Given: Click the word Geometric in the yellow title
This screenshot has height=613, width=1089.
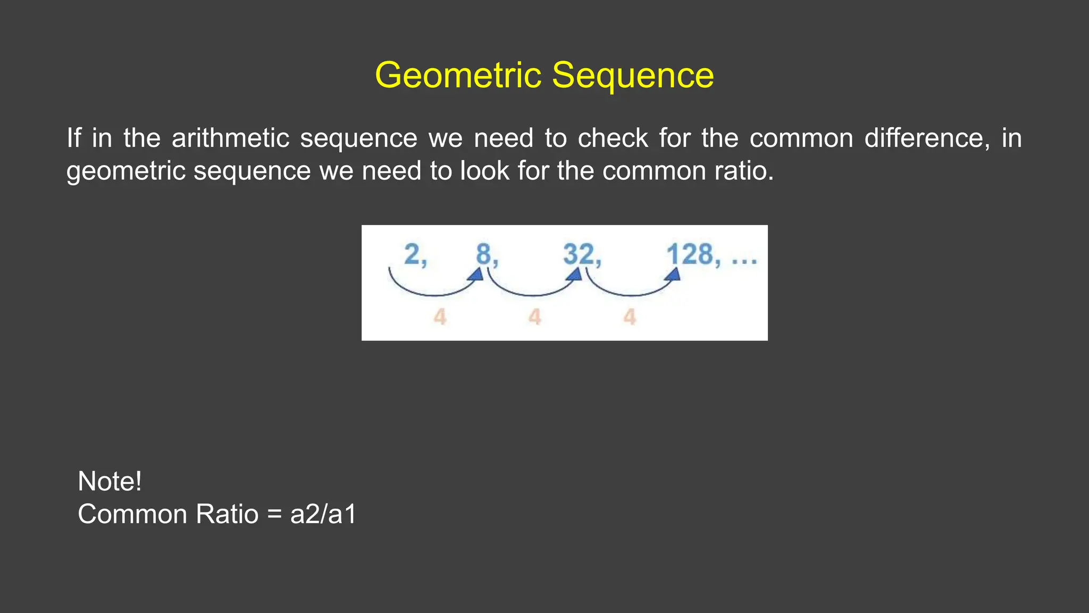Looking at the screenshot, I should coord(458,76).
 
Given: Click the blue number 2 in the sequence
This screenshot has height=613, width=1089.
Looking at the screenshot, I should coord(412,254).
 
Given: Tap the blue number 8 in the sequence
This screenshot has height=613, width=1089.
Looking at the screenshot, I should coord(483,254).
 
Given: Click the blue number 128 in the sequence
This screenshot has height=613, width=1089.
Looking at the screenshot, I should coord(690,254).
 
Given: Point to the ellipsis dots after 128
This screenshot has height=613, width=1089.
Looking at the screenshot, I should coord(744,261).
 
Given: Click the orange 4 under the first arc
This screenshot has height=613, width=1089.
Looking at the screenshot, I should coord(439,317).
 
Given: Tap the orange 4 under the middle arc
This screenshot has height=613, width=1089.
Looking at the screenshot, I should coord(534,317).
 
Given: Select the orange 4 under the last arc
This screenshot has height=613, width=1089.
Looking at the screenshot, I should coord(630,317).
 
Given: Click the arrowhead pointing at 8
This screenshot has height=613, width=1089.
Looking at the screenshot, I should coord(476,275).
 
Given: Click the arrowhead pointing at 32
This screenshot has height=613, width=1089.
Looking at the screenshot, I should coord(574,275).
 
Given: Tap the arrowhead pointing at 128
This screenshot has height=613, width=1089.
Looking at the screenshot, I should coord(673,275).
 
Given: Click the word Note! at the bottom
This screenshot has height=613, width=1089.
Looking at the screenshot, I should coord(110,482).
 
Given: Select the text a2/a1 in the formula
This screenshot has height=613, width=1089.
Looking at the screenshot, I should coord(323,515).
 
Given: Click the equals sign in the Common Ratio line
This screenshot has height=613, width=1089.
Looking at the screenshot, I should coord(274,515).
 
